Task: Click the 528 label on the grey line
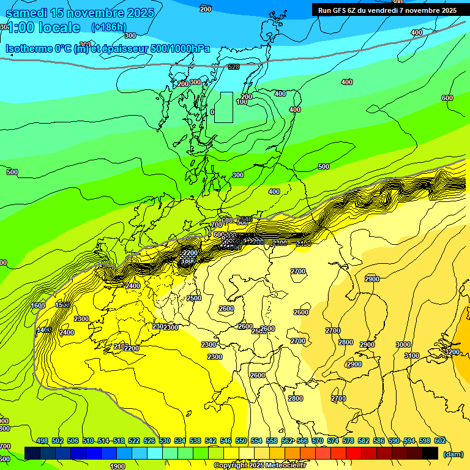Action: pos(233,67)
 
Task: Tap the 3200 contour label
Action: pos(452,352)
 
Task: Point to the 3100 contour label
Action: pos(412,356)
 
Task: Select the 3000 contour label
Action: pos(403,345)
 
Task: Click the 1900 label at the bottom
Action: pos(117,466)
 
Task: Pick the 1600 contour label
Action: pos(38,305)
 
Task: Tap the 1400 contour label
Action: pos(43,330)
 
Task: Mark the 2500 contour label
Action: pos(194,298)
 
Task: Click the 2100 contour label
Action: pos(121,346)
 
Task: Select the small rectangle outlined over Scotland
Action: pos(223,107)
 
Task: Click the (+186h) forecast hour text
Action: pos(108,27)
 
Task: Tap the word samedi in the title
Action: pos(28,13)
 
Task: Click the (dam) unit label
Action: pos(453,455)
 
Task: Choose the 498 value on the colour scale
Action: pos(42,441)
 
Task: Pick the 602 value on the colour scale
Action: pos(440,441)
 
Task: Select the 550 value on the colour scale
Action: pos(241,441)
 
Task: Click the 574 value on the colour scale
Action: pos(333,441)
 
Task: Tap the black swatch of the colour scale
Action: pos(430,453)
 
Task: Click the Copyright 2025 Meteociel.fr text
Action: pos(259,466)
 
